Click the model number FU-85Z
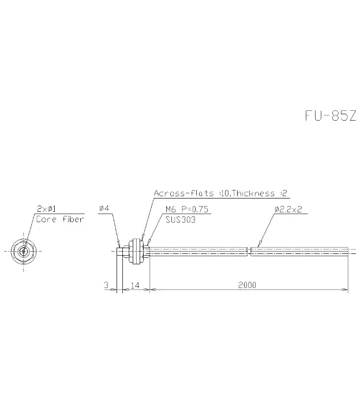point(331,115)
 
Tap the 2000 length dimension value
point(247,285)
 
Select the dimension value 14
point(135,285)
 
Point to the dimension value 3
point(106,285)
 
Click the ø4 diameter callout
point(104,208)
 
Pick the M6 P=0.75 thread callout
point(187,209)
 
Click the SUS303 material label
point(181,220)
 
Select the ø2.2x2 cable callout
point(288,209)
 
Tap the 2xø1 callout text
point(46,208)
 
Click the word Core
point(46,219)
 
